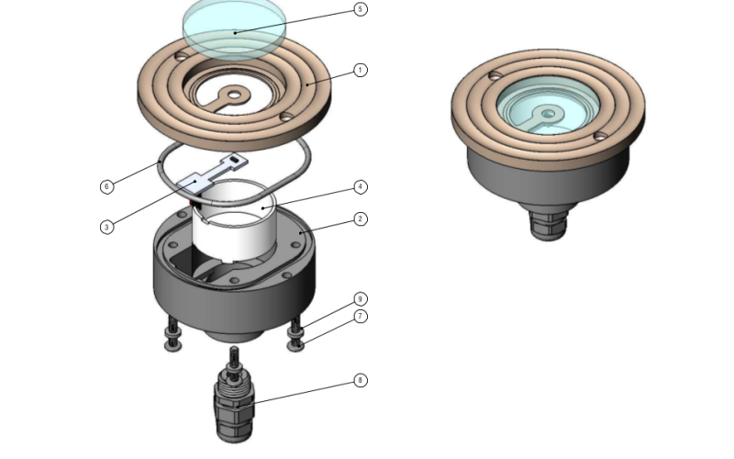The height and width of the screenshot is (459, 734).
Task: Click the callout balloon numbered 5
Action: [360, 9]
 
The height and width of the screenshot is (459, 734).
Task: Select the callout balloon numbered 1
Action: [360, 71]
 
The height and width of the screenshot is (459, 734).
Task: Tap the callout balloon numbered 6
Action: [106, 186]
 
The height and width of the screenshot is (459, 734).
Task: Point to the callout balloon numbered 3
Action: [106, 227]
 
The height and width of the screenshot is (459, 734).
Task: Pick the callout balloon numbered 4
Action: [360, 187]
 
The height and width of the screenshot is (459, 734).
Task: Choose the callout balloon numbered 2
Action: [360, 218]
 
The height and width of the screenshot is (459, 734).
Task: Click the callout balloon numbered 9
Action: [360, 299]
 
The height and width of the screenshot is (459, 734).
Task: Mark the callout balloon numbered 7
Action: [360, 316]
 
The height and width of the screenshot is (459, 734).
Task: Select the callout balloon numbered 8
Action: [360, 380]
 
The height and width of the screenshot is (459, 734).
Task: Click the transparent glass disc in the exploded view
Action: [234, 29]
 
